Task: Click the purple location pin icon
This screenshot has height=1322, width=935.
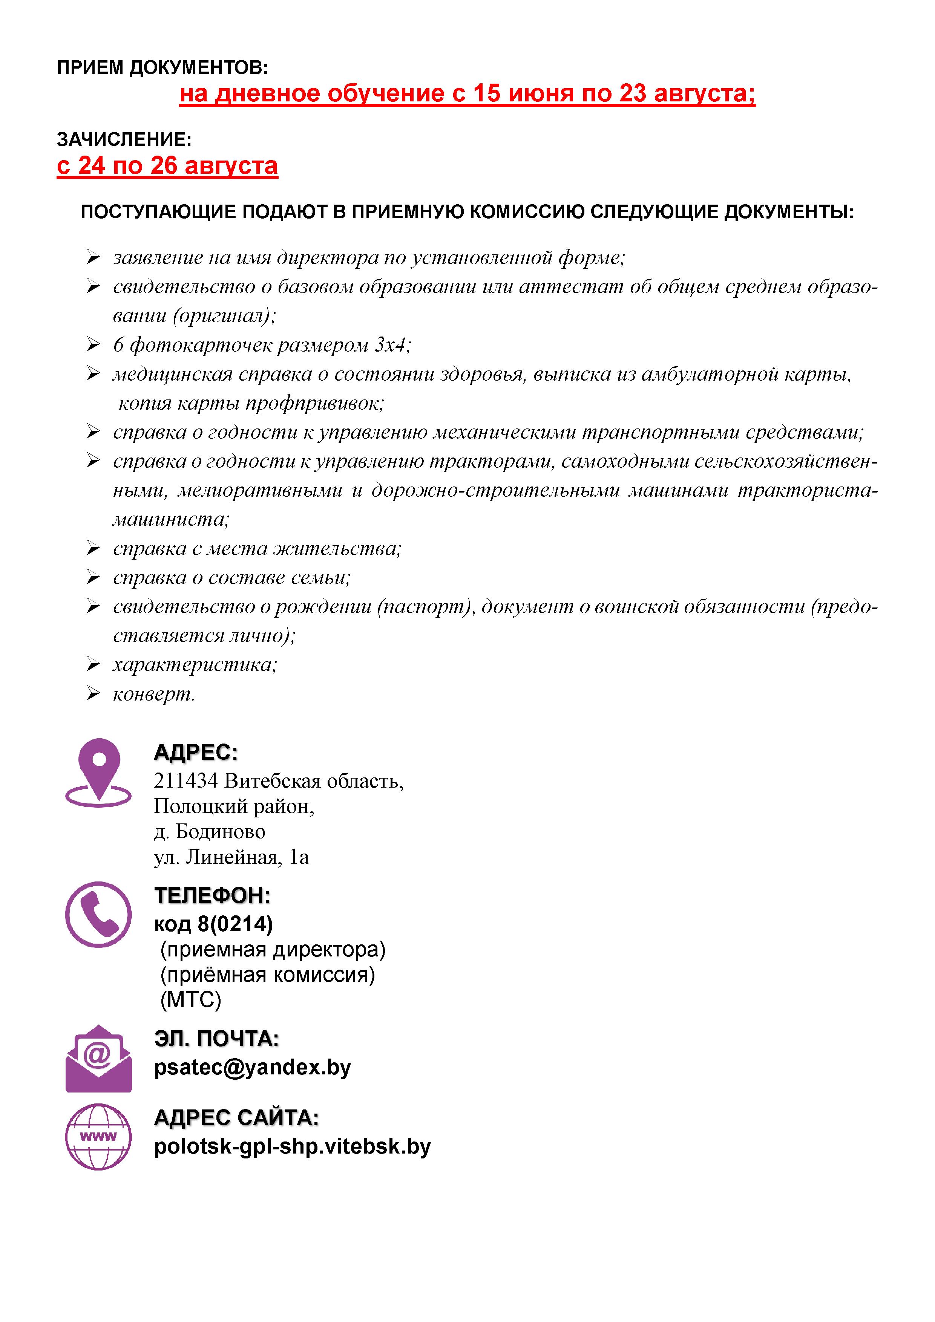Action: pos(98,771)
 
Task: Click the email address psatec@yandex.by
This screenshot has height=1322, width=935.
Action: pos(252,1068)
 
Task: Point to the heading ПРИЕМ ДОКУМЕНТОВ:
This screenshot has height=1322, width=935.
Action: pos(162,68)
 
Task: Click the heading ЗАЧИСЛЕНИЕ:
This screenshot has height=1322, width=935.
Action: pos(124,139)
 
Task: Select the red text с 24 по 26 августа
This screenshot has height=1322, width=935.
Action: pos(167,166)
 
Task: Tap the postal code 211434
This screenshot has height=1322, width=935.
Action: pos(185,781)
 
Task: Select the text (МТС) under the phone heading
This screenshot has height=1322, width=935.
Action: pos(191,999)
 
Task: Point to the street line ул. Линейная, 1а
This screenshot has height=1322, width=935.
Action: pos(231,857)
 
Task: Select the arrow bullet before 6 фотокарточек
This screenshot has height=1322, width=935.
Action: pos(93,344)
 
